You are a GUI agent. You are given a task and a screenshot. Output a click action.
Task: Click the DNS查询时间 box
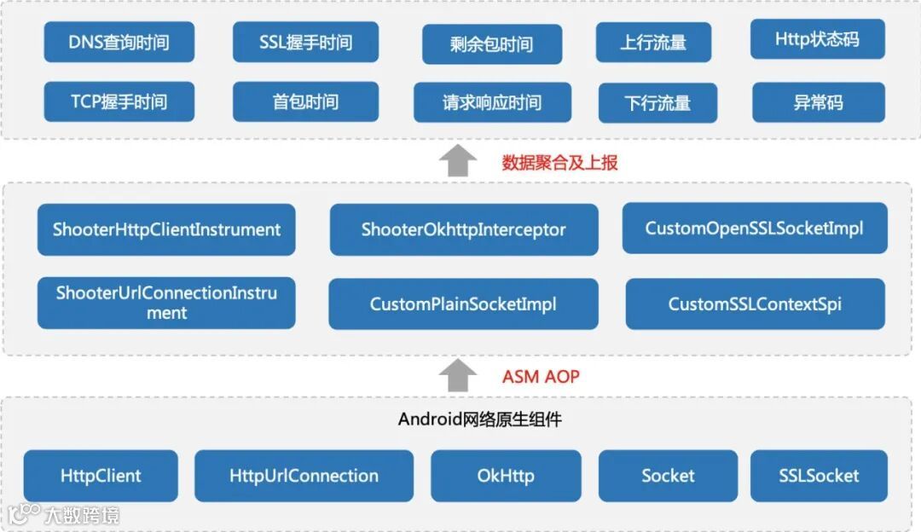119,42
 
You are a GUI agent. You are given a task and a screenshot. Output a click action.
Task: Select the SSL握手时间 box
305,42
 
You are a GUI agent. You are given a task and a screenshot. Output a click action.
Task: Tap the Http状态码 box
817,39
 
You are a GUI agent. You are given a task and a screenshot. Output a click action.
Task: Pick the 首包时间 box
305,102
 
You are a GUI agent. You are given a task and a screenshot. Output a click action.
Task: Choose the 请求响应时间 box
492,103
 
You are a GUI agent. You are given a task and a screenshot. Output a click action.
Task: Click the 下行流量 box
657,103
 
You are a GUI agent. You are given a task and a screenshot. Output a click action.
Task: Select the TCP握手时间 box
119,102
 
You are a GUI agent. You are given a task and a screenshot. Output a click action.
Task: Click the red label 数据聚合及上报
559,163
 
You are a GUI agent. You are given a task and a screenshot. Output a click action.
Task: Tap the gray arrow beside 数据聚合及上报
461,161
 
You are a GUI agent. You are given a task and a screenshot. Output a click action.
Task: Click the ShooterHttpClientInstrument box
166,229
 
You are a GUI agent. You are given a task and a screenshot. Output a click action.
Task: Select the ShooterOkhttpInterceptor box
464,229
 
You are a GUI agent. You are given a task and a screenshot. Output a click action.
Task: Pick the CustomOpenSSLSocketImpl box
754,228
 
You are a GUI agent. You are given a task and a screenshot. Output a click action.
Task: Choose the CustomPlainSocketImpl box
463,304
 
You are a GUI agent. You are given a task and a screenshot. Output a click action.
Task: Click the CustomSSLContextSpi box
755,304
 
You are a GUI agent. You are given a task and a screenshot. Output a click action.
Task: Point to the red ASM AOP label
541,376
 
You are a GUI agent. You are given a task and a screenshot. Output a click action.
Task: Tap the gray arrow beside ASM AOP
461,375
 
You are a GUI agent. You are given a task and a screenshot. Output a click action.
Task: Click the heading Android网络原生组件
479,419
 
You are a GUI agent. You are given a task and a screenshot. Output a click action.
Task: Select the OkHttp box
506,476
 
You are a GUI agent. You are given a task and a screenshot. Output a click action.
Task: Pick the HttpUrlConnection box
304,476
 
